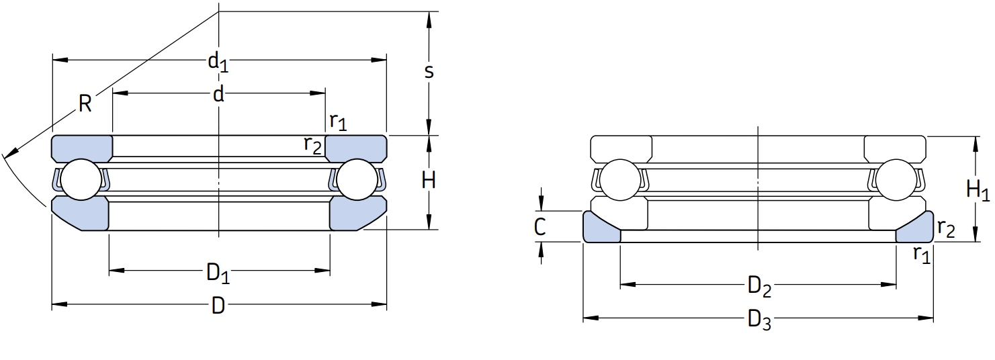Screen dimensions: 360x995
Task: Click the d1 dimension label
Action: [218, 62]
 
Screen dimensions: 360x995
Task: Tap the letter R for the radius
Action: [85, 104]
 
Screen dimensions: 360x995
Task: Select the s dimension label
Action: [429, 71]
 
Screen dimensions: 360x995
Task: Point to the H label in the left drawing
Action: [429, 180]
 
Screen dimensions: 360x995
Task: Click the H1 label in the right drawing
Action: [978, 191]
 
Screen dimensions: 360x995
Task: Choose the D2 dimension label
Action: [759, 287]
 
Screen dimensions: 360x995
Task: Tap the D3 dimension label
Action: [759, 320]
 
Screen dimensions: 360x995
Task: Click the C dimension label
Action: [539, 227]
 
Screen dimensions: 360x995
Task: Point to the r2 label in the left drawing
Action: [313, 144]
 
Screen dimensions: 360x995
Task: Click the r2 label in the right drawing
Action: [946, 228]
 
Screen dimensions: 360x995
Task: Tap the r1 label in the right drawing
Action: [922, 254]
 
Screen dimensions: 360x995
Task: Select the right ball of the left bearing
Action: [356, 180]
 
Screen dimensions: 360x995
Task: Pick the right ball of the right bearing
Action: [896, 180]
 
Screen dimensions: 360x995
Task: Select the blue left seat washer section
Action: [599, 230]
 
